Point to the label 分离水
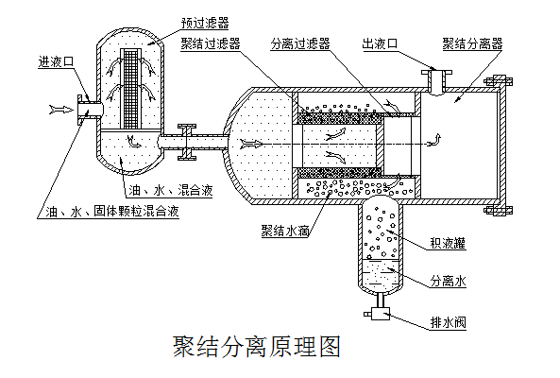tap(450, 282)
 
